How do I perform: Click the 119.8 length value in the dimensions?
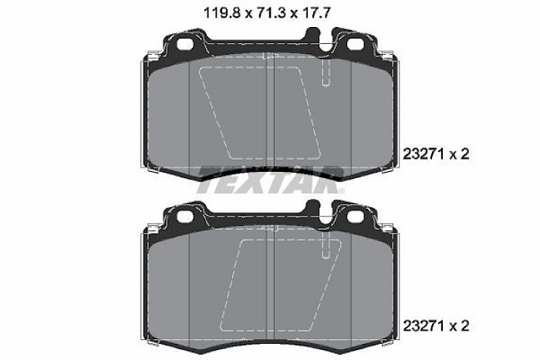(x=221, y=13)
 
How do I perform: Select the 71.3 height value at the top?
(x=267, y=13)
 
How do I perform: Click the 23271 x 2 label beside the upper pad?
(x=436, y=154)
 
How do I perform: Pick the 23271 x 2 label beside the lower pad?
(x=436, y=325)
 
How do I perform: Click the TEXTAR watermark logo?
(x=270, y=180)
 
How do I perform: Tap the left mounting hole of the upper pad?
(x=185, y=45)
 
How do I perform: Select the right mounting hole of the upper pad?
(x=355, y=45)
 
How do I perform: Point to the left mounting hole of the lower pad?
(x=185, y=216)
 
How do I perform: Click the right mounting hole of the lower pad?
(x=355, y=216)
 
